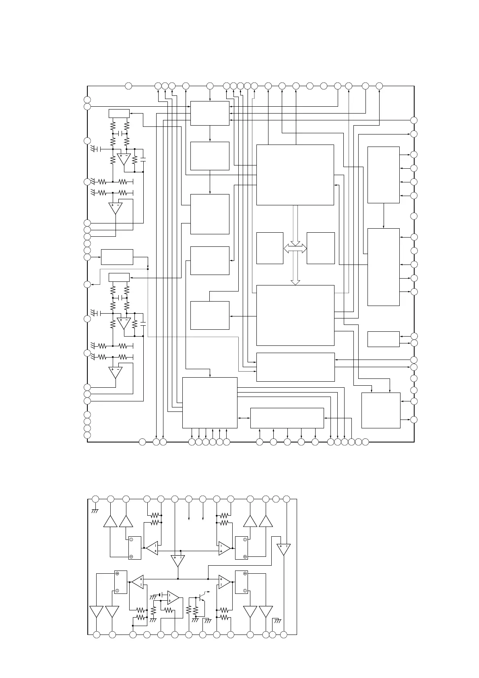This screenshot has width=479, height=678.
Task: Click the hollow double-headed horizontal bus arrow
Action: [x=295, y=248]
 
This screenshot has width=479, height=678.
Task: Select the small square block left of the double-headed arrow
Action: [x=270, y=248]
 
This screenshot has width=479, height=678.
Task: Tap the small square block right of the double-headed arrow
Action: [x=320, y=248]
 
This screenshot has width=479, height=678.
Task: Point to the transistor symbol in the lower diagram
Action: [x=202, y=595]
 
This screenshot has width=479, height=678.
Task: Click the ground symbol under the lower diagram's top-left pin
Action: [x=95, y=511]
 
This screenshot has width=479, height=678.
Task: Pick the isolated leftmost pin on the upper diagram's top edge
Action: [x=128, y=86]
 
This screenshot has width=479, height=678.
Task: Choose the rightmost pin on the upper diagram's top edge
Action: [x=379, y=86]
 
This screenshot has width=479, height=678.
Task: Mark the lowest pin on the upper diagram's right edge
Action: [x=414, y=420]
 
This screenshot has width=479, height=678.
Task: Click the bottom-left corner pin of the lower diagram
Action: [x=96, y=635]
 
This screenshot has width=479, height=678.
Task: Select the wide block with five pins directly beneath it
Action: [x=287, y=418]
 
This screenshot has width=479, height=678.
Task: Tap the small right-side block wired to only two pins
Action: [x=383, y=339]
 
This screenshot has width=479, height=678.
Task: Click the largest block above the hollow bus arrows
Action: [x=295, y=175]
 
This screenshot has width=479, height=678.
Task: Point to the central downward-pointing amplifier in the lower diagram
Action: [x=178, y=561]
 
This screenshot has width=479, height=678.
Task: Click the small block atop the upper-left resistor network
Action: [x=119, y=113]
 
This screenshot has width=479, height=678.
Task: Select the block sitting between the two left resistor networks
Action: [x=117, y=257]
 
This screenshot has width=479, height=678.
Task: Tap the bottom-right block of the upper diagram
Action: [x=381, y=410]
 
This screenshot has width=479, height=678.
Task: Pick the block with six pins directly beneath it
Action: [x=210, y=403]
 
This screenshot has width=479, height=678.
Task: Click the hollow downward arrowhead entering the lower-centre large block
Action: [x=295, y=282]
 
